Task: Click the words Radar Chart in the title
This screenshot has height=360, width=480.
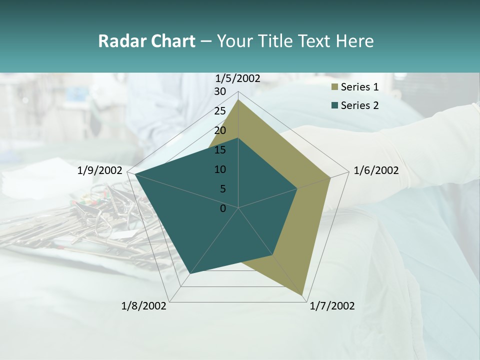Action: click(146, 41)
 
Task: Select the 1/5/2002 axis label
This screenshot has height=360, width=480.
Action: click(238, 78)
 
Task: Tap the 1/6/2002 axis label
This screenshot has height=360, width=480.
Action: click(376, 170)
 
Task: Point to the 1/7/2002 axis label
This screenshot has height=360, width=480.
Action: click(332, 306)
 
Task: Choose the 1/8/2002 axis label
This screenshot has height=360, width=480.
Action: click(144, 306)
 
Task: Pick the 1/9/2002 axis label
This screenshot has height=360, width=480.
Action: click(100, 170)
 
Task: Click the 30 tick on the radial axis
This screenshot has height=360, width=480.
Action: click(220, 91)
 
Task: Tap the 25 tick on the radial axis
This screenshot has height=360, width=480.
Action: click(220, 111)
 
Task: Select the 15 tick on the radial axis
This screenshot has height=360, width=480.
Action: click(220, 150)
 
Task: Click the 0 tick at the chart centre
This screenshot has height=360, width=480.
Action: click(223, 208)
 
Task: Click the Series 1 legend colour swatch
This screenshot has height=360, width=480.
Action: click(334, 87)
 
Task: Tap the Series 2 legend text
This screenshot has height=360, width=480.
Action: click(359, 105)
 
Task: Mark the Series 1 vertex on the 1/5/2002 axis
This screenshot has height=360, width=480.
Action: click(238, 99)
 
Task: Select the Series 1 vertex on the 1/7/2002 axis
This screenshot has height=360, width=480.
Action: click(302, 295)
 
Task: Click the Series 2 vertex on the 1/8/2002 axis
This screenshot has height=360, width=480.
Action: click(190, 273)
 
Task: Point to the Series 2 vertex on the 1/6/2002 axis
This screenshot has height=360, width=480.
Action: click(297, 188)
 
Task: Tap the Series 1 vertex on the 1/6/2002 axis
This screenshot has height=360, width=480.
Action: click(330, 177)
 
